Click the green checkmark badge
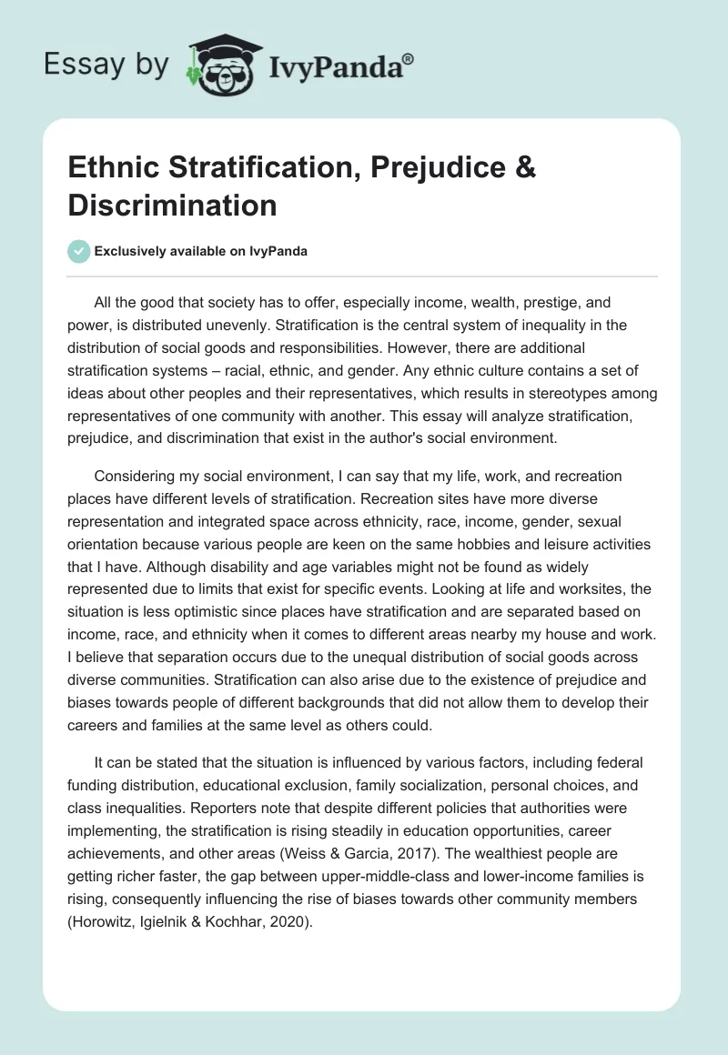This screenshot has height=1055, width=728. click(79, 251)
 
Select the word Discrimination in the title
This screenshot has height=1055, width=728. click(172, 205)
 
